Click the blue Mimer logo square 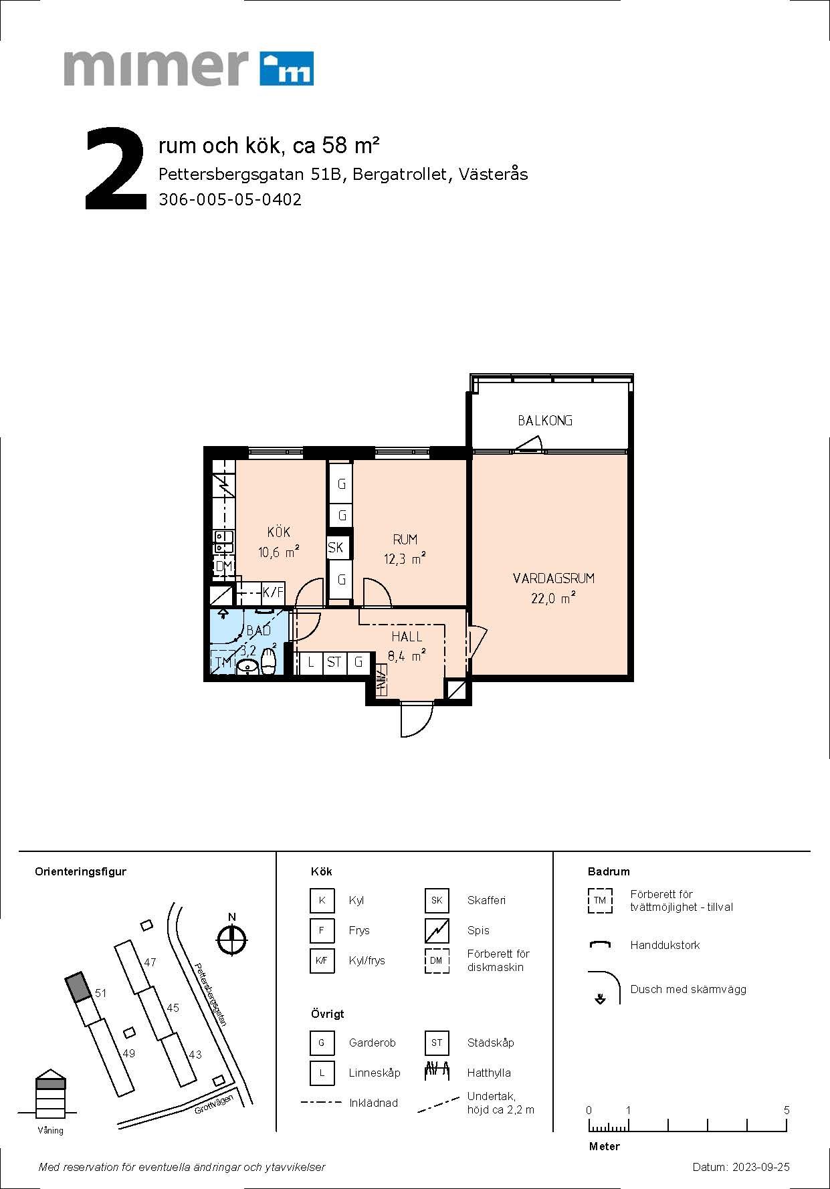point(286,68)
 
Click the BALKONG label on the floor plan point(545,421)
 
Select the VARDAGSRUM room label point(554,578)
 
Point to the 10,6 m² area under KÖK point(278,552)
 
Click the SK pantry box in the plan point(336,548)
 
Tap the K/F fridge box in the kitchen point(273,592)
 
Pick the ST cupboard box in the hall point(334,663)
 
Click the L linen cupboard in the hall point(310,663)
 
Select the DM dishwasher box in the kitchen point(223,567)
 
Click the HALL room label point(407,637)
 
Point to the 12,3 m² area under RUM point(405,559)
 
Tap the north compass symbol point(232,940)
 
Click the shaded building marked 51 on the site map point(78,987)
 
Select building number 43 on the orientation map point(195,1055)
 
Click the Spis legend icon point(437,930)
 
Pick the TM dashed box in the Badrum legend point(600,900)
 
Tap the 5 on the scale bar point(787,1110)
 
